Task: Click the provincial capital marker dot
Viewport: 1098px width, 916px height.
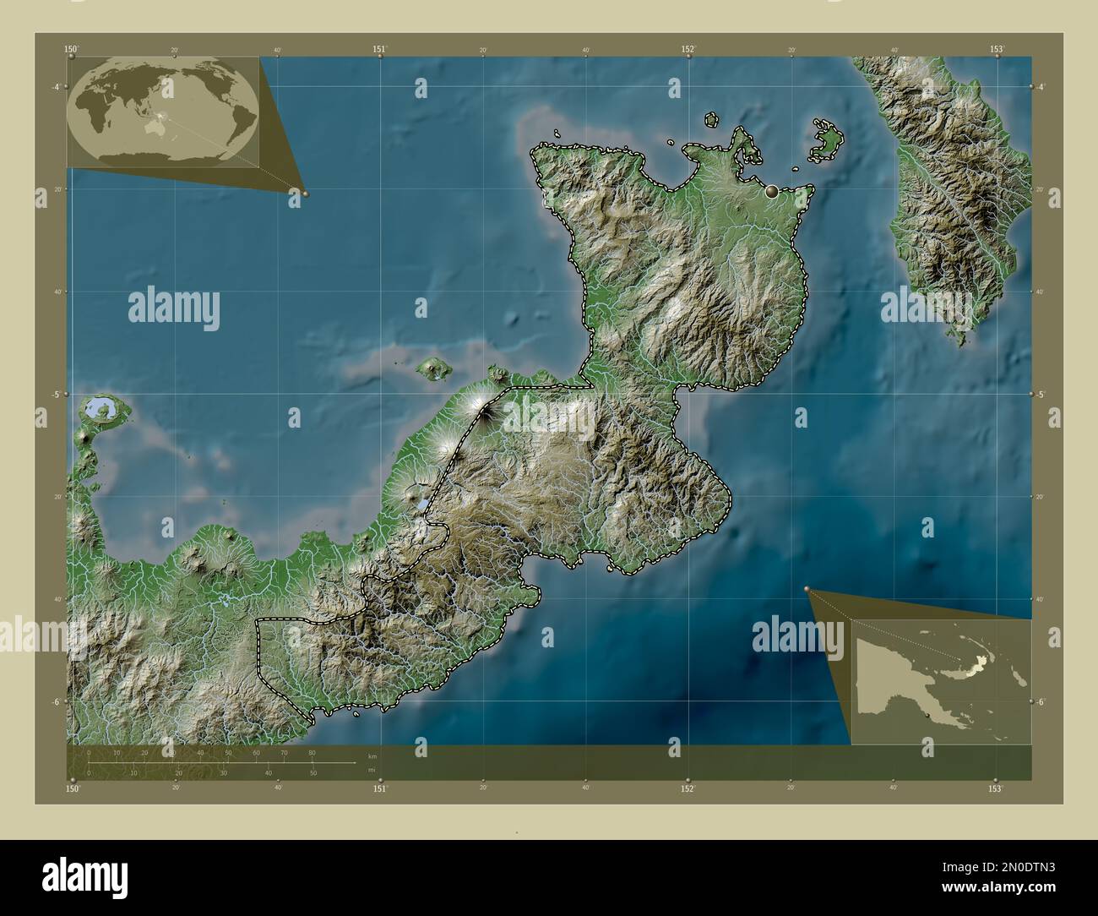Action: pyautogui.click(x=771, y=192)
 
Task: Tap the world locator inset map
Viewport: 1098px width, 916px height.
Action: pyautogui.click(x=164, y=112)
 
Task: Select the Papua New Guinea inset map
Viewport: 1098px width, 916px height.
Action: pyautogui.click(x=941, y=681)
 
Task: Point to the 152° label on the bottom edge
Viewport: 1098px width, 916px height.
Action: pyautogui.click(x=688, y=788)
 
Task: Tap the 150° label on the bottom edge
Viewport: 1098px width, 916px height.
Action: pyautogui.click(x=73, y=788)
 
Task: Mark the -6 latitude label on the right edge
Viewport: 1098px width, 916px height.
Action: pyautogui.click(x=1041, y=701)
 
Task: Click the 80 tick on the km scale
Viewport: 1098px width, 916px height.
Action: pyautogui.click(x=312, y=752)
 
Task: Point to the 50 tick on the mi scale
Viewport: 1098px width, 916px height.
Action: pyautogui.click(x=313, y=772)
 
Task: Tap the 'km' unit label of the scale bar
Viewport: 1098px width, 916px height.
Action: pyautogui.click(x=372, y=755)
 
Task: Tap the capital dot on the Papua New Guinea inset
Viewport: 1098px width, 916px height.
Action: pyautogui.click(x=927, y=717)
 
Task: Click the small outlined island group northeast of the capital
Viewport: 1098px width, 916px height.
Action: pyautogui.click(x=826, y=140)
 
